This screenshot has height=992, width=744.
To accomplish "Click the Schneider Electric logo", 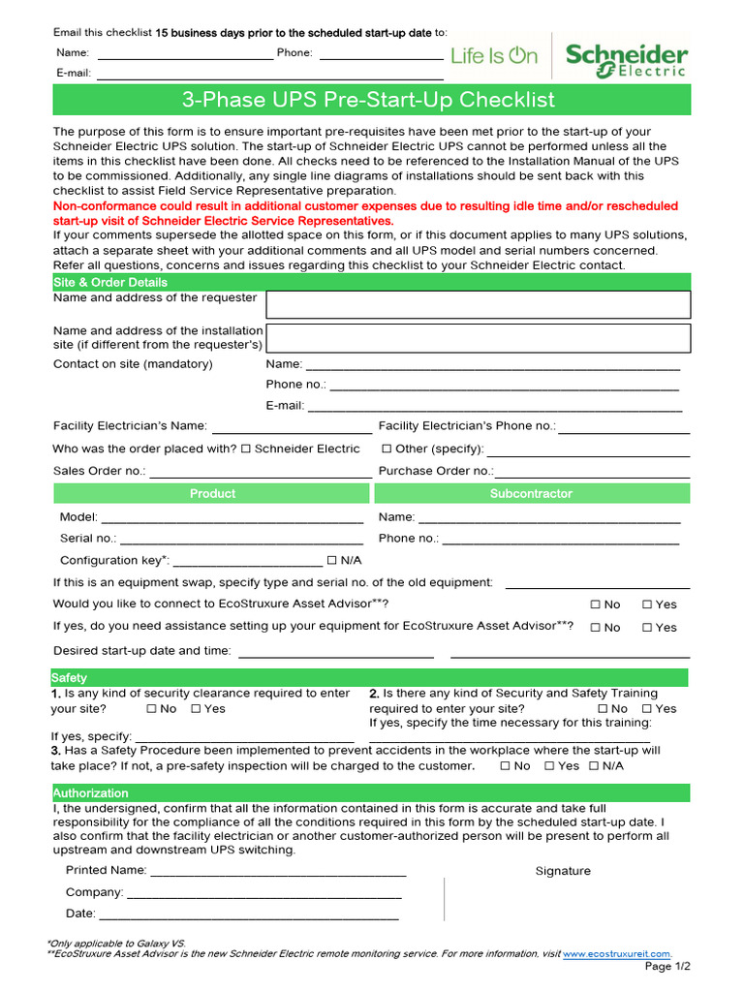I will tap(627, 57).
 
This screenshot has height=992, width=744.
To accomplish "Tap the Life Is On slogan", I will tap(494, 56).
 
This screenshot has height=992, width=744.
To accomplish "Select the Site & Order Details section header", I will tap(110, 282).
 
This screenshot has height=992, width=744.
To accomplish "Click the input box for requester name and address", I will tap(478, 304).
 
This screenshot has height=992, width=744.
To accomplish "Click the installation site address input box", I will tap(478, 338).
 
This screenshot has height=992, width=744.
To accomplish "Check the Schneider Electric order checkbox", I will tap(246, 449).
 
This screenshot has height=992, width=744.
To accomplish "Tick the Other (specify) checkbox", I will tap(387, 449).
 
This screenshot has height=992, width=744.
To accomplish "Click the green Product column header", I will tap(212, 494).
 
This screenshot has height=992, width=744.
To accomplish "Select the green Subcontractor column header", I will tap(531, 494).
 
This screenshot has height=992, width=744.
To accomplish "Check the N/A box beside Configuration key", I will tap(332, 561).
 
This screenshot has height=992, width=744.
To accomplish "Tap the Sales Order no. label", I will tap(100, 471).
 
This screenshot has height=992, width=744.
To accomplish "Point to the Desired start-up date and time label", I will tap(142, 651).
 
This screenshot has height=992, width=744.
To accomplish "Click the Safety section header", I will tap(70, 678).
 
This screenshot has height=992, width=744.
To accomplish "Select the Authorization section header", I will tap(90, 793).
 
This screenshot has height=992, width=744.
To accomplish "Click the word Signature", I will tap(563, 871).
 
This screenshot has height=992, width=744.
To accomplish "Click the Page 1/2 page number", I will tap(667, 967).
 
